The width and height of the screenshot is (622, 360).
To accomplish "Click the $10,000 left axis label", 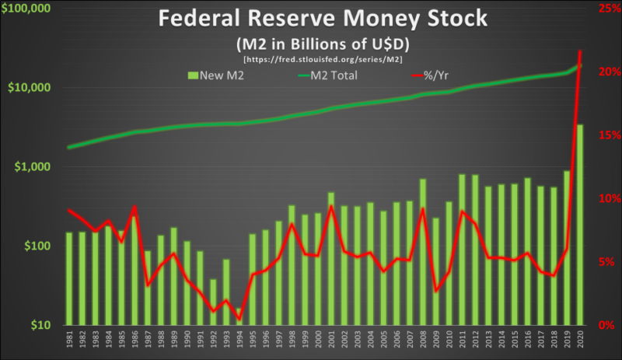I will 30,88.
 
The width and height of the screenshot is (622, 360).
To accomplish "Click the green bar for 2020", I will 579,225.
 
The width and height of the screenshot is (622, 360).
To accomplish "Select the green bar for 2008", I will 423,253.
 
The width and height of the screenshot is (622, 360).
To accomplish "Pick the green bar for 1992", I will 214,303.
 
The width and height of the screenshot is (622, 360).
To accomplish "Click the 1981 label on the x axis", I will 69,341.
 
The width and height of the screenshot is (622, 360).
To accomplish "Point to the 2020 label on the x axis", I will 579,341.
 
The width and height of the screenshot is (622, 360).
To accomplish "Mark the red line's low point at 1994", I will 239,318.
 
